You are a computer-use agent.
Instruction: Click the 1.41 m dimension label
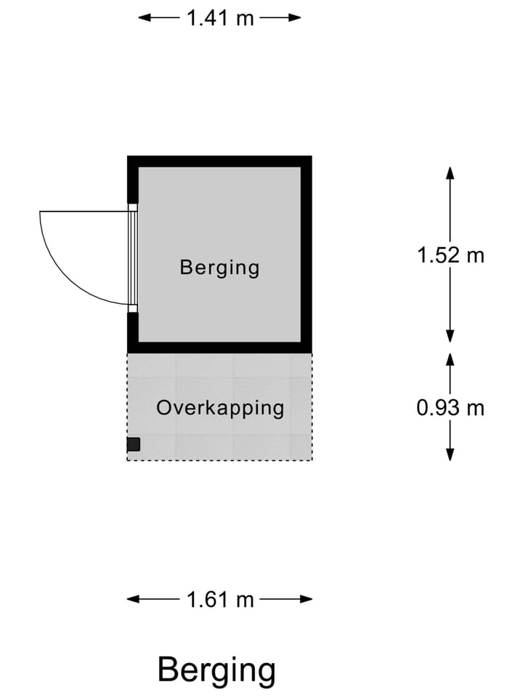click(219, 18)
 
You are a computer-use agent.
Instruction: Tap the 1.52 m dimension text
click(450, 255)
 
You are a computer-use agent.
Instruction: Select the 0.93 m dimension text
click(450, 408)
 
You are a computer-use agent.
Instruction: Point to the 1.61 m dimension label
click(219, 600)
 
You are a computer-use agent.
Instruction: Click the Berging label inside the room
click(219, 268)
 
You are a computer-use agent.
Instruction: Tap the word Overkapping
click(220, 409)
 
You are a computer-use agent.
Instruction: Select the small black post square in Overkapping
click(134, 444)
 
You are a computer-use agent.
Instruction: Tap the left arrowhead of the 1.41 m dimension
click(144, 17)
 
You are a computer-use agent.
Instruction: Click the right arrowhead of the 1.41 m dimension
click(295, 17)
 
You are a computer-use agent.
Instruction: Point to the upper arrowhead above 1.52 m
click(450, 173)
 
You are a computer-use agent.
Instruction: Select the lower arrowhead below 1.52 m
click(450, 336)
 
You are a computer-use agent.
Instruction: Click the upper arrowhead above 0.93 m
click(450, 360)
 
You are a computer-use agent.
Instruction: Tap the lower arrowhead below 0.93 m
click(450, 454)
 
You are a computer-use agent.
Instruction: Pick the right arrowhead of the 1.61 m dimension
click(306, 599)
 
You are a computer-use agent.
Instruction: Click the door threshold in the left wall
click(132, 257)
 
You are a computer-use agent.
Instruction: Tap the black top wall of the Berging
click(219, 161)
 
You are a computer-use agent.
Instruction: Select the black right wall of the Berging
click(307, 254)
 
